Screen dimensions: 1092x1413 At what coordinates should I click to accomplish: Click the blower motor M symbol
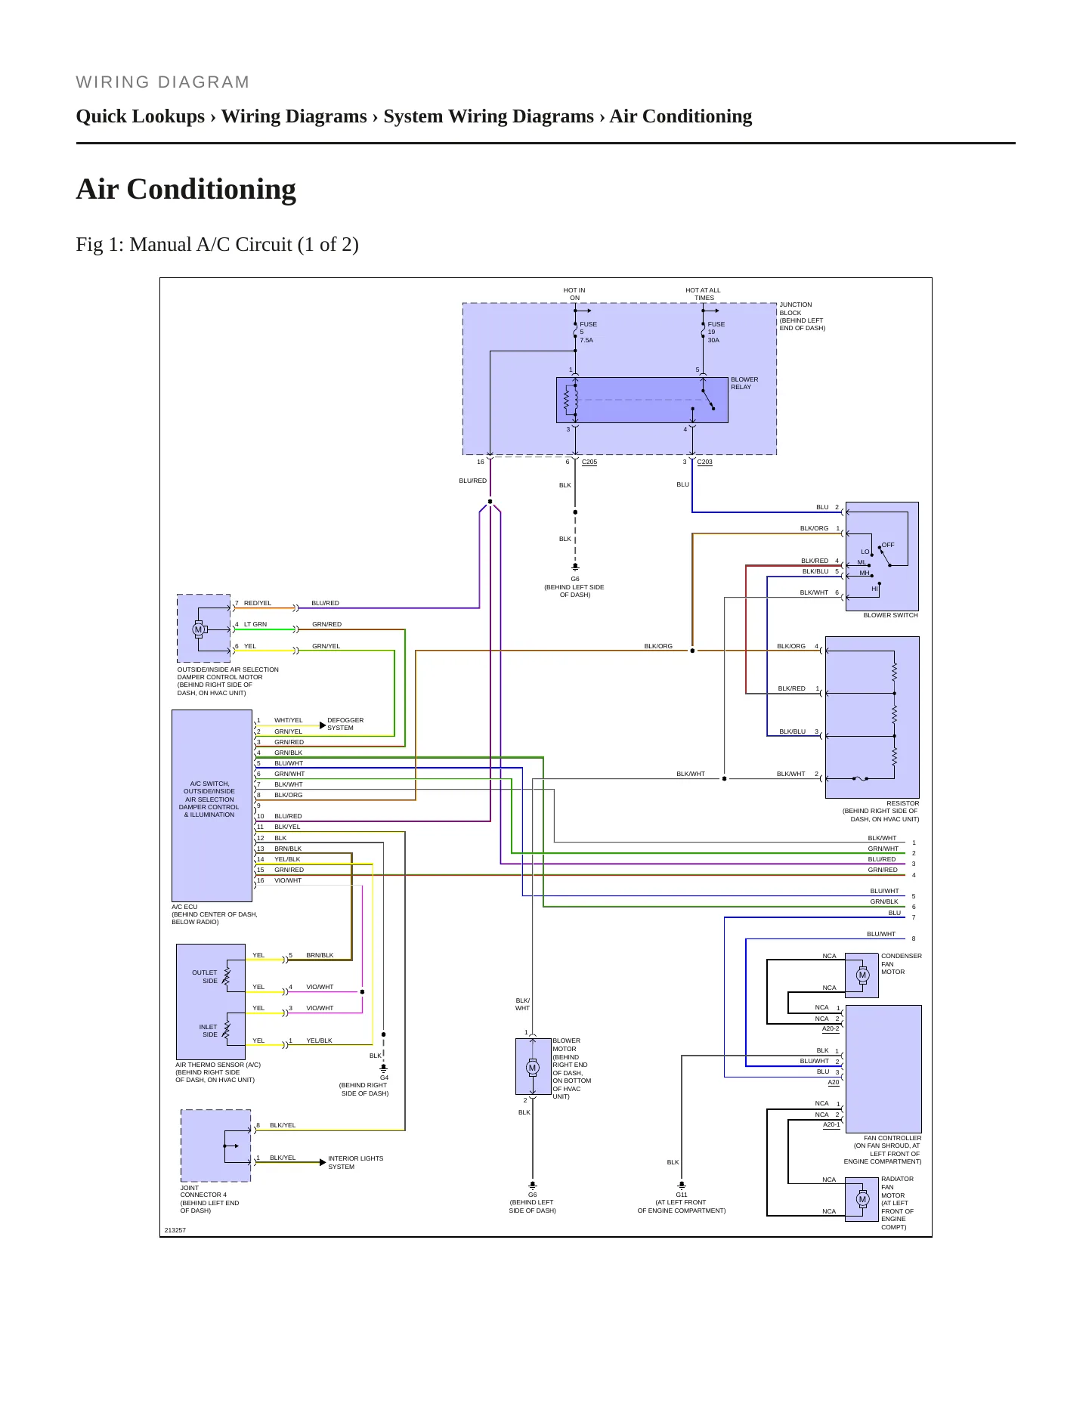pyautogui.click(x=533, y=1068)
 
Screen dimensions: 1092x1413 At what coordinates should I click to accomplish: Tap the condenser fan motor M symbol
pyautogui.click(x=862, y=975)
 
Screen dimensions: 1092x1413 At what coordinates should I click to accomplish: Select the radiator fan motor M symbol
pyautogui.click(x=862, y=1198)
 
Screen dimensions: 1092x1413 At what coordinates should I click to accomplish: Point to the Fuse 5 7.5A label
pyautogui.click(x=588, y=332)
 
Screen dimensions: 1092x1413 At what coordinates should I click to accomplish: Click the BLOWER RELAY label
pyautogui.click(x=744, y=383)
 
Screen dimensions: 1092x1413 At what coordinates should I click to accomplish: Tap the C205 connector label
pyautogui.click(x=589, y=462)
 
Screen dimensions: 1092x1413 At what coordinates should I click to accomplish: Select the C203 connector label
pyautogui.click(x=704, y=462)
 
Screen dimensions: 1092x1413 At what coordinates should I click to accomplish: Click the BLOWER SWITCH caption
pyautogui.click(x=890, y=615)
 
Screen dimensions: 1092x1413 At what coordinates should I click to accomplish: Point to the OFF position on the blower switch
pyautogui.click(x=888, y=545)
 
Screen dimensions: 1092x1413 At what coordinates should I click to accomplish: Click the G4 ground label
pyautogui.click(x=384, y=1078)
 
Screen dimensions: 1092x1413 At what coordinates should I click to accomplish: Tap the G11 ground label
pyautogui.click(x=682, y=1195)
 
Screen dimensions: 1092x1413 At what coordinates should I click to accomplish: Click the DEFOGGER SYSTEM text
pyautogui.click(x=345, y=724)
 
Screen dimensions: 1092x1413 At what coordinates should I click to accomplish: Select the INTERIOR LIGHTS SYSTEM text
pyautogui.click(x=355, y=1162)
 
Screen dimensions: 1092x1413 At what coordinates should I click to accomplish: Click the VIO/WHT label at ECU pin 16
pyautogui.click(x=288, y=880)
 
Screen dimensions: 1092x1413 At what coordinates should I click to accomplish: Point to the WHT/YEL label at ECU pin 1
pyautogui.click(x=288, y=720)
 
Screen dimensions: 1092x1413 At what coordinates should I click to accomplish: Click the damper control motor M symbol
pyautogui.click(x=199, y=629)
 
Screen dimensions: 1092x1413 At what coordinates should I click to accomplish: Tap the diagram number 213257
pyautogui.click(x=175, y=1230)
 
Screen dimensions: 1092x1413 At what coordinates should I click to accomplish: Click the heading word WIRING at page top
pyautogui.click(x=113, y=82)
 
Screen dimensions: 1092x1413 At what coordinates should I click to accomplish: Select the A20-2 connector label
pyautogui.click(x=831, y=1028)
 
